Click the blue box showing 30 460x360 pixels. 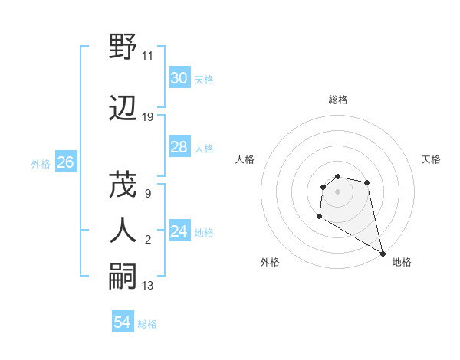(x=179, y=78)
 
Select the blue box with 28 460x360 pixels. (x=179, y=147)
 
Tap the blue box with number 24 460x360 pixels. (x=179, y=231)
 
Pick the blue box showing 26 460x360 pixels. (x=65, y=162)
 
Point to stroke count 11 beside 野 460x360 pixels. (x=148, y=56)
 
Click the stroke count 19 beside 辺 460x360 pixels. (x=148, y=117)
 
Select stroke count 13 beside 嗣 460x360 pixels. (x=148, y=286)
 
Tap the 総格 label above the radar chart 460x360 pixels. (x=338, y=100)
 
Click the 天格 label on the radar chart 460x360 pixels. (x=431, y=159)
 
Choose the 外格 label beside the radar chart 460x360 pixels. (x=270, y=262)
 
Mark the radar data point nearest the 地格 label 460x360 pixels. (x=383, y=254)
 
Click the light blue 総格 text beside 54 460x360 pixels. (x=147, y=324)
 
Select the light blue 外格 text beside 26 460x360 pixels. (x=41, y=163)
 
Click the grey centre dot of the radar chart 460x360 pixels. (x=338, y=191)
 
